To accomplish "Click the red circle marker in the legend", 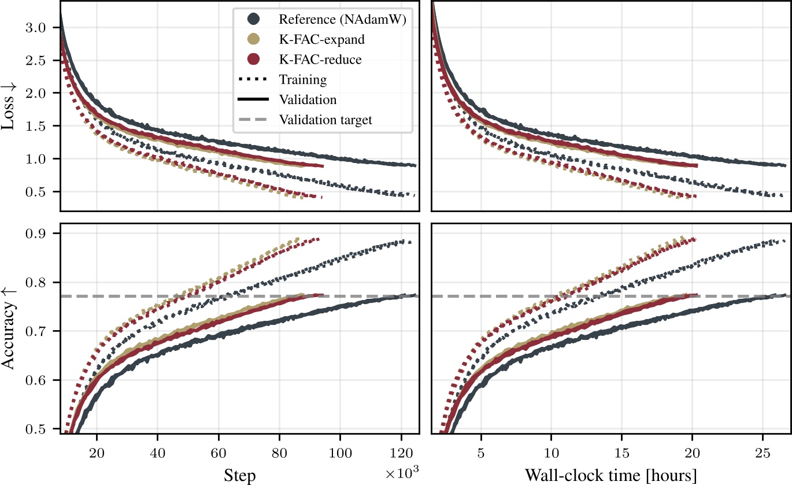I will click(253, 60).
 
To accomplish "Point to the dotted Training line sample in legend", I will click(253, 80).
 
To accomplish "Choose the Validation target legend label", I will click(325, 120).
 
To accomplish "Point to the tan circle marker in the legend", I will click(253, 39).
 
